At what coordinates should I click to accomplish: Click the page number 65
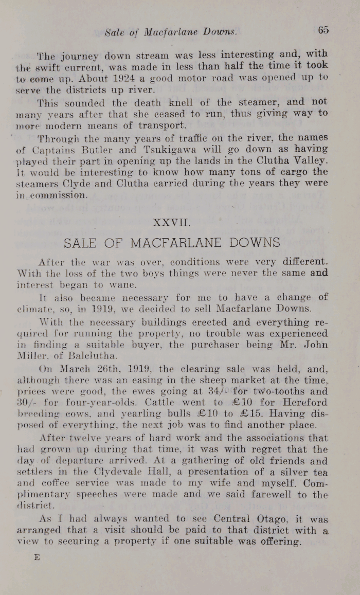[x=323, y=30]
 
